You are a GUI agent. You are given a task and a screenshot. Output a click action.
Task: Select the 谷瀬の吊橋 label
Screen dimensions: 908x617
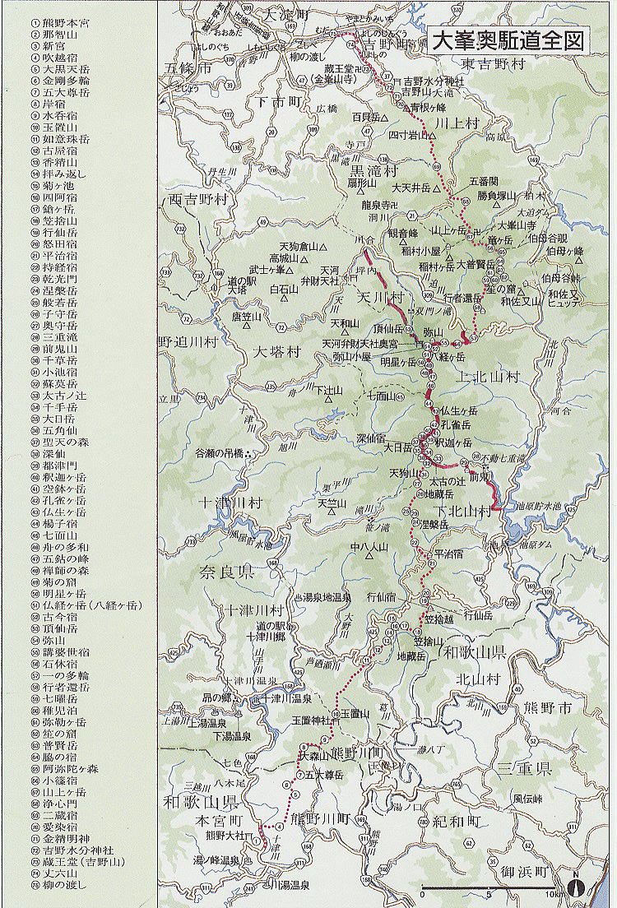pos(220,453)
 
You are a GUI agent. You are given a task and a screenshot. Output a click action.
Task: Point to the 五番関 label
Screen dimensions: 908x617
pos(484,180)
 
